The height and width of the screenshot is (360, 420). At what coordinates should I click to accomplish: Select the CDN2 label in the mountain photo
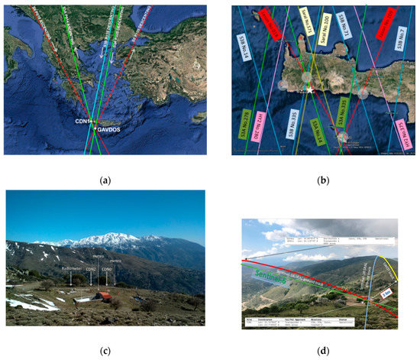pos(92,269)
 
